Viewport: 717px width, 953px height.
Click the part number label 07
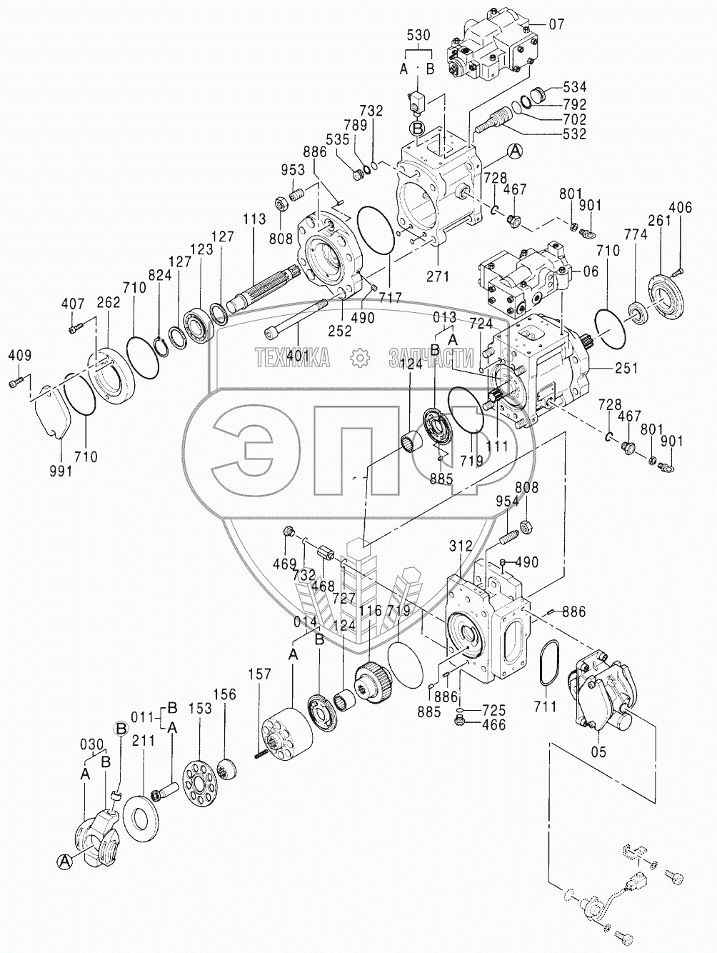[x=556, y=25]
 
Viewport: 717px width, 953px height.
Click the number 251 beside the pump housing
[x=624, y=369]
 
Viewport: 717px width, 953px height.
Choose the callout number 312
[x=461, y=547]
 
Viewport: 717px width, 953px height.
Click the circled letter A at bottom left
[x=64, y=862]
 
